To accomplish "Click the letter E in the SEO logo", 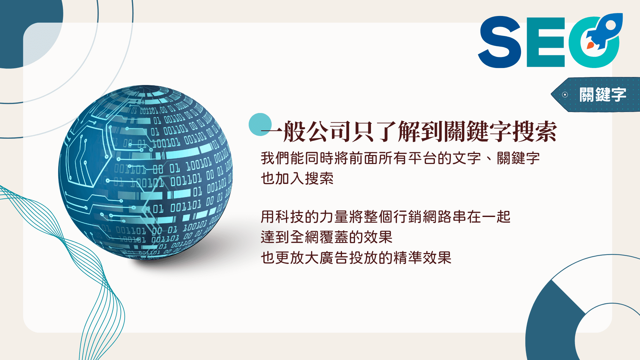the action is tap(546, 42).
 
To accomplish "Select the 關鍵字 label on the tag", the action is tap(603, 95).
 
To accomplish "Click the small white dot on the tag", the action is tap(565, 95).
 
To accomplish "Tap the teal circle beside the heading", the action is tap(260, 124).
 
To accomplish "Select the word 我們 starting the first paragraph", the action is tap(275, 158).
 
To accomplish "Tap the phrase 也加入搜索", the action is tap(297, 178).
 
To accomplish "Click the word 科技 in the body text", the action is tap(290, 217).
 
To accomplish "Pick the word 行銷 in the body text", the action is tap(407, 217).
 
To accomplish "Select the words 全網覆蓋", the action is tap(319, 237).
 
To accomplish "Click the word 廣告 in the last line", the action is tap(334, 258).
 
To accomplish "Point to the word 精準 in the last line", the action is tap(408, 258).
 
